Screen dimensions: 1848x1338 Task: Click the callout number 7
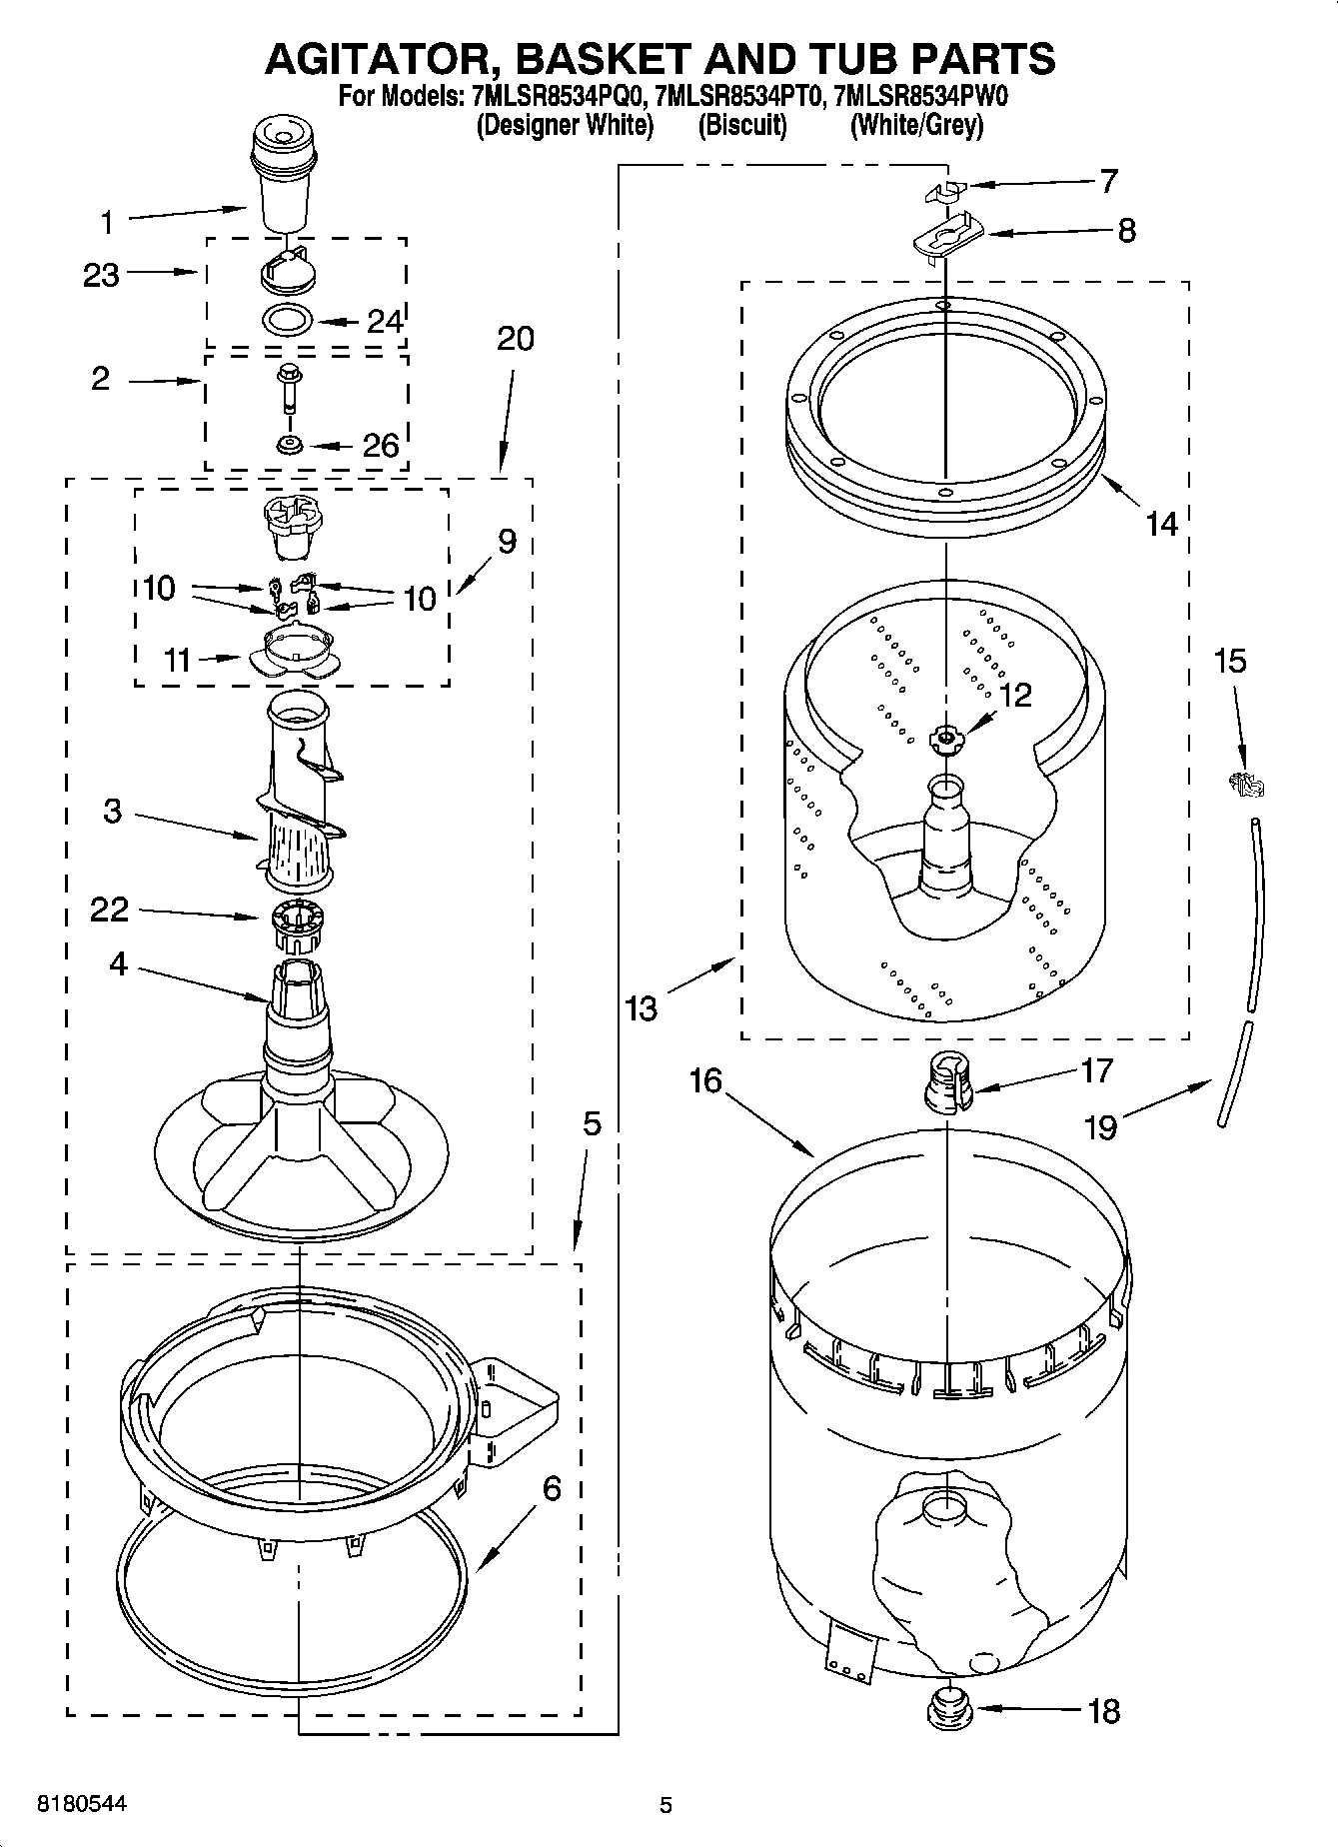pyautogui.click(x=1108, y=181)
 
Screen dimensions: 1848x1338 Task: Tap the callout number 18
pyautogui.click(x=1103, y=1711)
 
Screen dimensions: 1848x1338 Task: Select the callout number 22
pyautogui.click(x=109, y=909)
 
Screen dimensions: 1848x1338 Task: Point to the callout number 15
pyautogui.click(x=1230, y=661)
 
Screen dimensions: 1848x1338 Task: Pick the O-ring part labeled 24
pyautogui.click(x=287, y=321)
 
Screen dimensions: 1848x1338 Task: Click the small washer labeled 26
pyautogui.click(x=291, y=444)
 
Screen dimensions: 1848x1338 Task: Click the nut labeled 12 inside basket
pyautogui.click(x=943, y=740)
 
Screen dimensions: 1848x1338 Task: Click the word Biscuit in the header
pyautogui.click(x=741, y=126)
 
